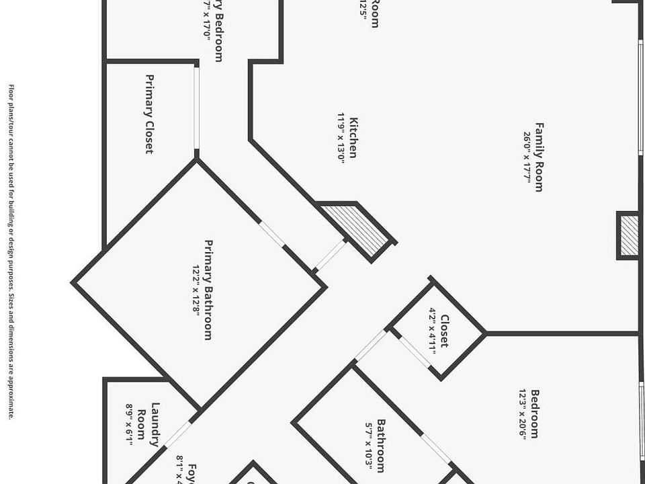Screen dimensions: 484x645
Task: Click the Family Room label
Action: tap(538, 157)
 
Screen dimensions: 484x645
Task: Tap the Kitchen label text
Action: tap(353, 138)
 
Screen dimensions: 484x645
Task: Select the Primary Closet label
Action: tap(150, 114)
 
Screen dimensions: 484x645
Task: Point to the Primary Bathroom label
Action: tap(208, 290)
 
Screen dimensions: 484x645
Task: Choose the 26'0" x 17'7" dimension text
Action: tap(527, 157)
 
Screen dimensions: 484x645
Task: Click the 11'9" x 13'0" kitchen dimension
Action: tap(341, 138)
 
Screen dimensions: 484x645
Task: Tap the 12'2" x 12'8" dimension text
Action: tap(197, 290)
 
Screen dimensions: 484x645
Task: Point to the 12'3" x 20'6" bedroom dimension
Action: tap(523, 413)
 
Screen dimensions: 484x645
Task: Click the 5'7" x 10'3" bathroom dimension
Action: tap(369, 446)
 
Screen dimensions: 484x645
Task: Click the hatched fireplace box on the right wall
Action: tap(629, 235)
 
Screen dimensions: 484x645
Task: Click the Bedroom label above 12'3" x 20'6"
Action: tap(535, 413)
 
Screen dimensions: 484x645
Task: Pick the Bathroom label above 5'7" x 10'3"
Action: tap(381, 446)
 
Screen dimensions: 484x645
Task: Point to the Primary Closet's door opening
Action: tap(197, 108)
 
